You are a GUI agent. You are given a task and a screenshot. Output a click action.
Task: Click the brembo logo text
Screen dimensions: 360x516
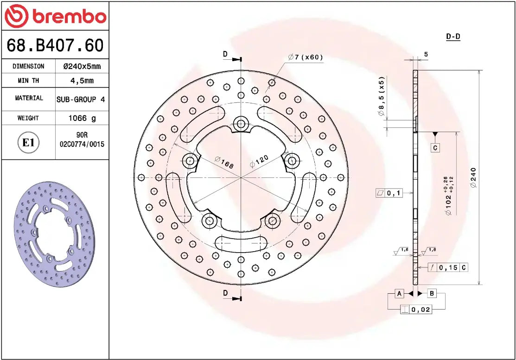69,17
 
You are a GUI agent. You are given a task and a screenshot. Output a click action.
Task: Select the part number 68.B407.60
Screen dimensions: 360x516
55,45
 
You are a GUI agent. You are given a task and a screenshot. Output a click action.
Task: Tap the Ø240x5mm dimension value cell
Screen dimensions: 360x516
82,66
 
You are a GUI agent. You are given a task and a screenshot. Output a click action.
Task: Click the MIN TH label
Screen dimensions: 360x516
28,81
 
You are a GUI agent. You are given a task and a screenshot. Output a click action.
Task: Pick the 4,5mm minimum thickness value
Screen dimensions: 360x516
82,81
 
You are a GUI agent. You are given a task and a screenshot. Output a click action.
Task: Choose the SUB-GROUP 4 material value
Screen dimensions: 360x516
81,99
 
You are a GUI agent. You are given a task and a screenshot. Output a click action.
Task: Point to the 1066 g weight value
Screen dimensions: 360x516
82,118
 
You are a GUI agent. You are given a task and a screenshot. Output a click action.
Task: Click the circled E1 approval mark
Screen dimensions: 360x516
28,142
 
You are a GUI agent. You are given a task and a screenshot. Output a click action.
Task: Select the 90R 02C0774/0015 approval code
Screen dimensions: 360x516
82,140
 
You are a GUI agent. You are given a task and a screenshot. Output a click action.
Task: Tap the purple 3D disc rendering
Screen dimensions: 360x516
54,234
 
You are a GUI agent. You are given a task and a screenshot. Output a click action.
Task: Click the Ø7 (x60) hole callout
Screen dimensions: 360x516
305,57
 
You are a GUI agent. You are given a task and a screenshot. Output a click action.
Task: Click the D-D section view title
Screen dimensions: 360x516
452,37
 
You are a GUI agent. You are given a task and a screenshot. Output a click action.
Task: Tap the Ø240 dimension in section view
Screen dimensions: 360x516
473,177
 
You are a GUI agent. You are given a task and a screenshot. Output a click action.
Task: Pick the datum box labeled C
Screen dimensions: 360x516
435,148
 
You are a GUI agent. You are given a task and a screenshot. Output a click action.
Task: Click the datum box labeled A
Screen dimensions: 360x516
399,293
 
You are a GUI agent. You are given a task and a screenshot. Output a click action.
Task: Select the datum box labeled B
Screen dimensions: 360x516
431,293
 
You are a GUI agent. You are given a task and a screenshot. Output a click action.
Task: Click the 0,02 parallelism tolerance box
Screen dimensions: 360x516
416,309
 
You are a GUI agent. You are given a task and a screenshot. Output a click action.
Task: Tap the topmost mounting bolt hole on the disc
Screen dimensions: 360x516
241,123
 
